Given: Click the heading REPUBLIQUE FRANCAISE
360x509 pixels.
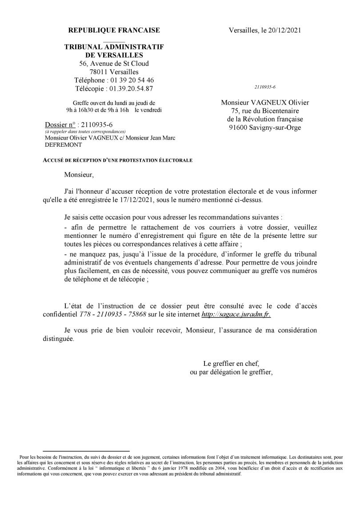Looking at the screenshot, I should click(x=114, y=30).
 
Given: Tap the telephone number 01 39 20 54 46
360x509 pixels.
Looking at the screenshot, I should click(x=129, y=80).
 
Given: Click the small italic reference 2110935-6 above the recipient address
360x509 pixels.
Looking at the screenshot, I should click(x=265, y=87).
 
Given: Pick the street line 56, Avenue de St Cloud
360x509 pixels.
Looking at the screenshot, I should click(x=114, y=64).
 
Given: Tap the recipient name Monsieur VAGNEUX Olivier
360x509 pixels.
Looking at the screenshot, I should click(x=265, y=102).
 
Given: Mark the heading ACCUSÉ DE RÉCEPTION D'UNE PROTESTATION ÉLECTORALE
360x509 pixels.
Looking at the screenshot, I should click(x=119, y=160).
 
